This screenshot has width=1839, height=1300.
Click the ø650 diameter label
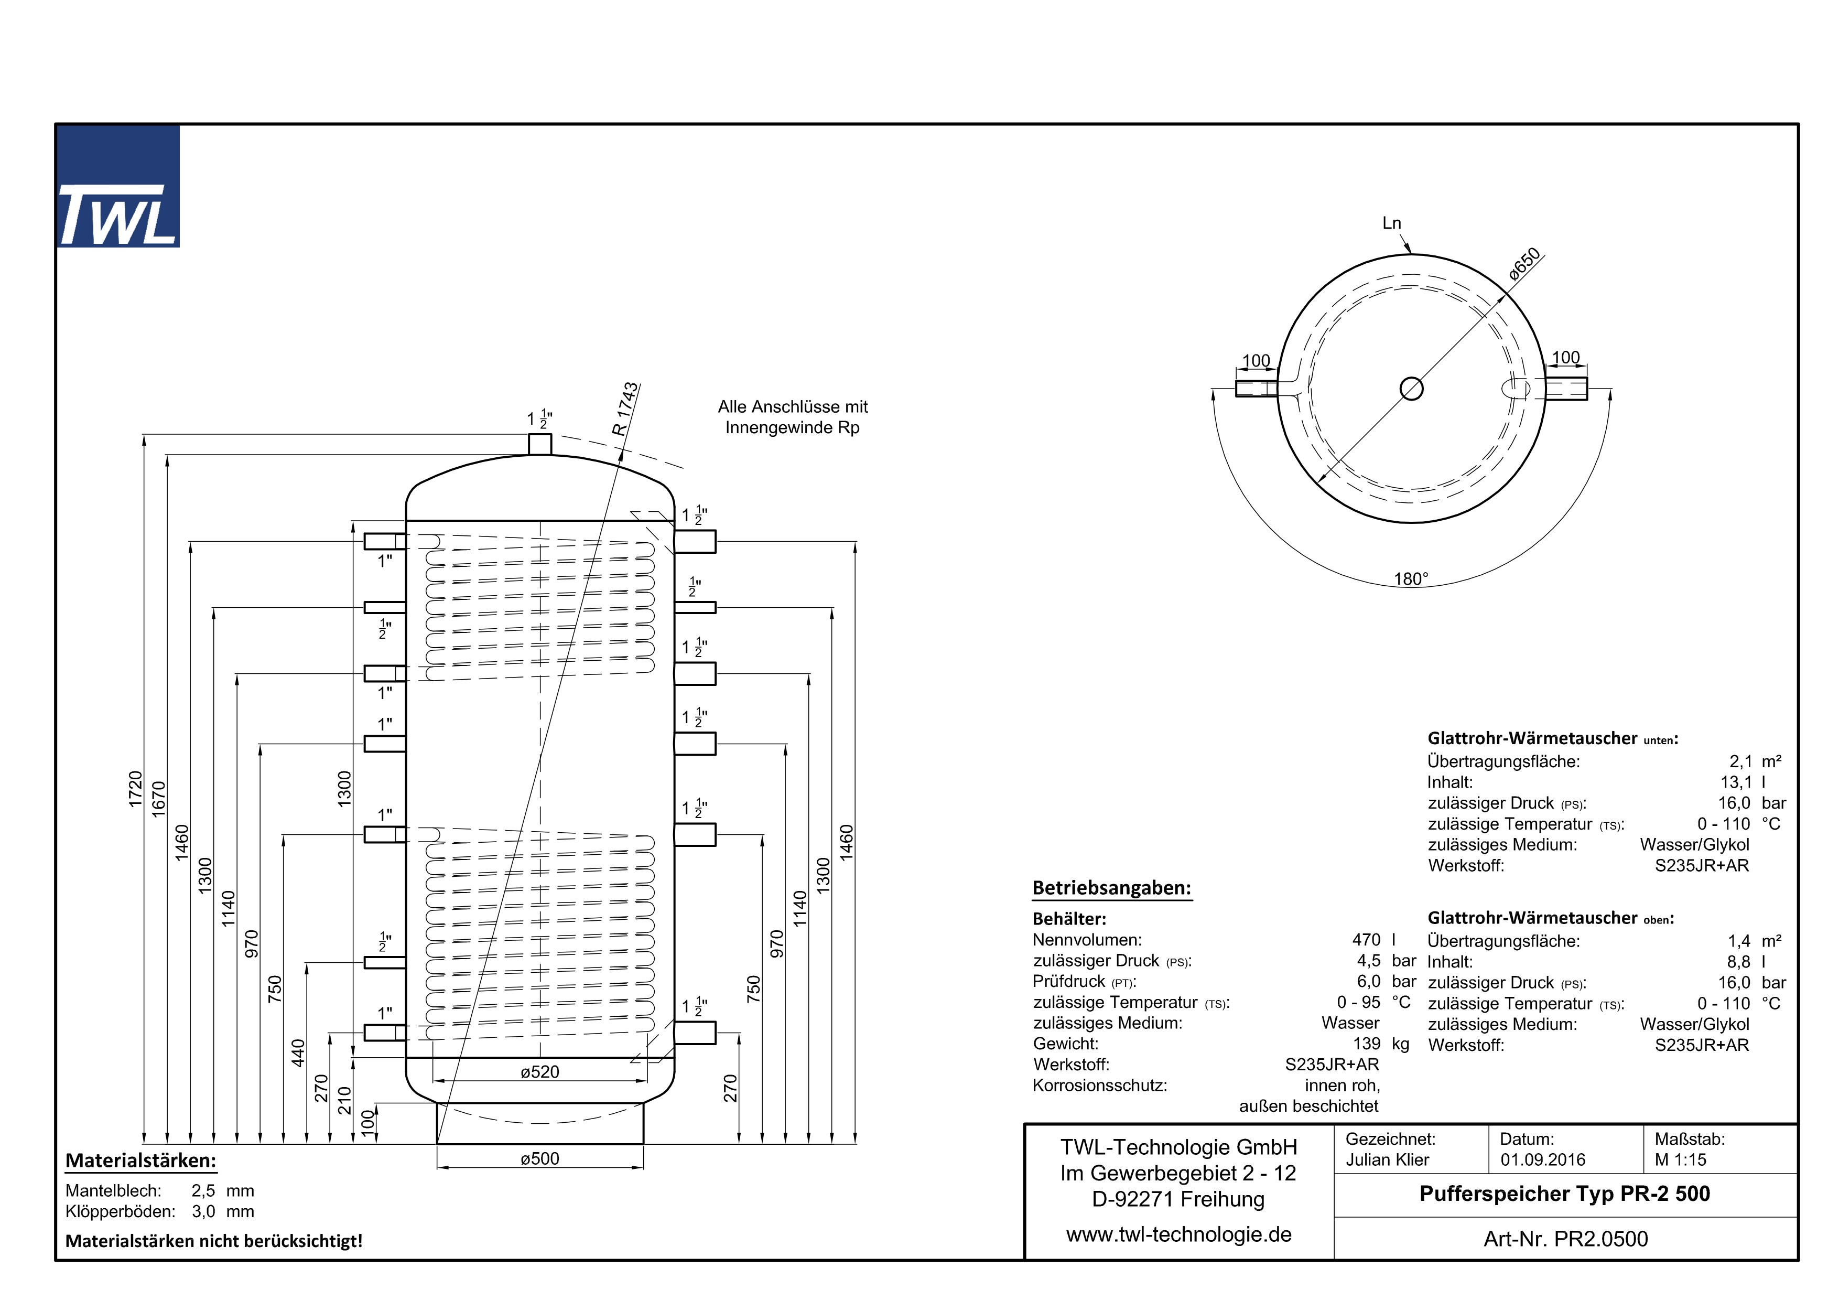pos(1524,264)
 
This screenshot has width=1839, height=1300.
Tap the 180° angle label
pos(1411,578)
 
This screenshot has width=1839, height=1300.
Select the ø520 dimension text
pos(540,1072)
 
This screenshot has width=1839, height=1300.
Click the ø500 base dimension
pos(540,1158)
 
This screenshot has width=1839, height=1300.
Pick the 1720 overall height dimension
pos(135,789)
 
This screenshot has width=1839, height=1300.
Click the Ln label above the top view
pos(1392,223)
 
